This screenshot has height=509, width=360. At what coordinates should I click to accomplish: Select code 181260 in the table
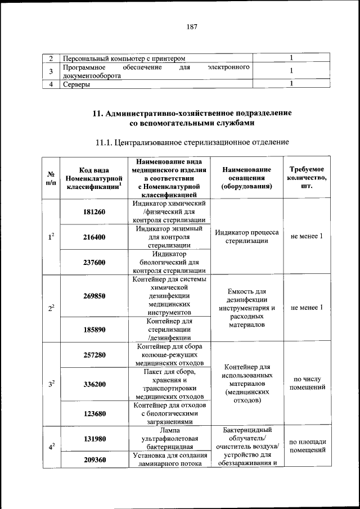94,212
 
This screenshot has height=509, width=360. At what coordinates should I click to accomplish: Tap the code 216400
94,237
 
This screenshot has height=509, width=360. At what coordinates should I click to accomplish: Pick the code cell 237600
94,262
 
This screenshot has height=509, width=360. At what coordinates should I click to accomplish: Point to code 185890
94,330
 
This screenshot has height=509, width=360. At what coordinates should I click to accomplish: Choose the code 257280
94,355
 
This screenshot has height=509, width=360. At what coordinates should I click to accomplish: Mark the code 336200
94,385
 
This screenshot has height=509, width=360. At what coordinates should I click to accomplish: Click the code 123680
94,413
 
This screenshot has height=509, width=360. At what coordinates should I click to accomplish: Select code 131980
94,439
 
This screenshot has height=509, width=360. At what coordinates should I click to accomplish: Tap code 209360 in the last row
94,460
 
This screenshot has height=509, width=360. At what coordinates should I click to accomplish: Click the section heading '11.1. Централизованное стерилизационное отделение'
191,142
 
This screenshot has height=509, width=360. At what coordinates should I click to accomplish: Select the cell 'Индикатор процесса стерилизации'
246,237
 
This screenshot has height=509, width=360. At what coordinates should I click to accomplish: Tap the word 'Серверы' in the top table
77,85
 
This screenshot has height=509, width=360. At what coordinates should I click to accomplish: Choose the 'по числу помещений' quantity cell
307,384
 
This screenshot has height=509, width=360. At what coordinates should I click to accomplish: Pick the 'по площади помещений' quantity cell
307,445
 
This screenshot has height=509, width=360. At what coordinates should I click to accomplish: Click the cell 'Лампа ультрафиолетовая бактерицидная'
169,439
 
